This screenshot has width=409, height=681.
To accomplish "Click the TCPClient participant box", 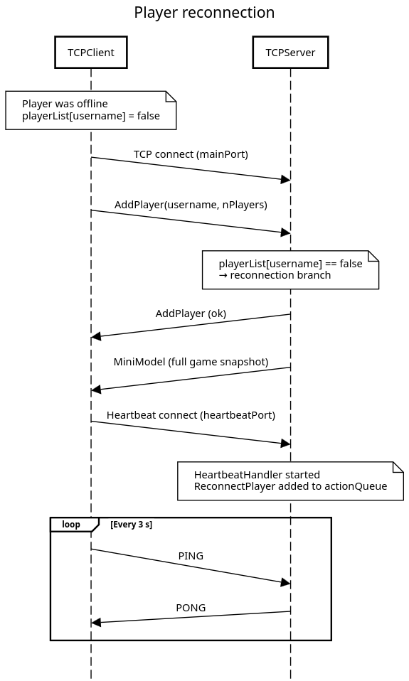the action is click(x=91, y=53).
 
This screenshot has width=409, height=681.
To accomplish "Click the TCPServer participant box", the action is click(x=290, y=53).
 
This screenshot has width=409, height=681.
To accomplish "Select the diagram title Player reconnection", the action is click(x=204, y=13).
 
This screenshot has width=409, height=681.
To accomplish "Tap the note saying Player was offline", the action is click(x=91, y=110).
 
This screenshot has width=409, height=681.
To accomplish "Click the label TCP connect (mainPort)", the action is click(x=191, y=154).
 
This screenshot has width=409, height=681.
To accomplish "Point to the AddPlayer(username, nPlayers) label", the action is click(x=191, y=205).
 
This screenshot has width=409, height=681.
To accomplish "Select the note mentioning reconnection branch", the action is click(x=290, y=269).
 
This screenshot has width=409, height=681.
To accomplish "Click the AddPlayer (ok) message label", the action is click(x=191, y=313).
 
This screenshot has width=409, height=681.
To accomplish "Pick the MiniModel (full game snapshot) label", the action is click(x=191, y=362).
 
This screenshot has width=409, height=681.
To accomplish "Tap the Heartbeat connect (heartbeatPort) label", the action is click(x=191, y=415).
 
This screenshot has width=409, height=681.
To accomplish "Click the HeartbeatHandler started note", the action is click(x=290, y=481).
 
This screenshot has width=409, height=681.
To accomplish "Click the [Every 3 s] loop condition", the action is click(x=132, y=524).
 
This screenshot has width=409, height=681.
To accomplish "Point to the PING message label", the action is click(x=191, y=556).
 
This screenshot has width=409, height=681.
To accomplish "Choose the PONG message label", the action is click(x=191, y=608).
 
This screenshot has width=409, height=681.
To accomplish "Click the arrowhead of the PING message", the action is click(x=285, y=582).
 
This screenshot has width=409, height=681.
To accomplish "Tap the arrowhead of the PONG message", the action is click(x=96, y=623).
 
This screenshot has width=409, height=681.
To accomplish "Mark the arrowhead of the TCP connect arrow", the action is click(x=285, y=179).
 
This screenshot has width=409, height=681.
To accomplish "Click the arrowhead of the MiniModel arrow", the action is click(x=96, y=390).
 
